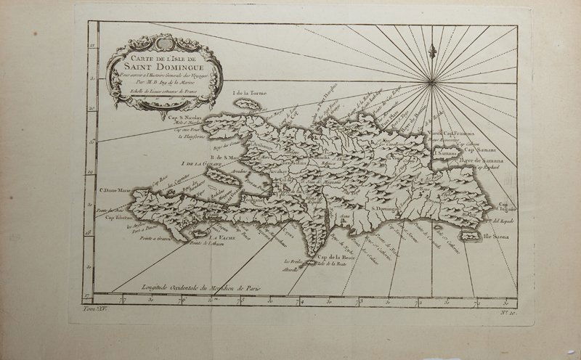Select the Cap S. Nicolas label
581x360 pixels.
coord(183,116)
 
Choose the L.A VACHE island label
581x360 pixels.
coord(219,239)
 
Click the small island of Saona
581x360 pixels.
coord(471,237)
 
